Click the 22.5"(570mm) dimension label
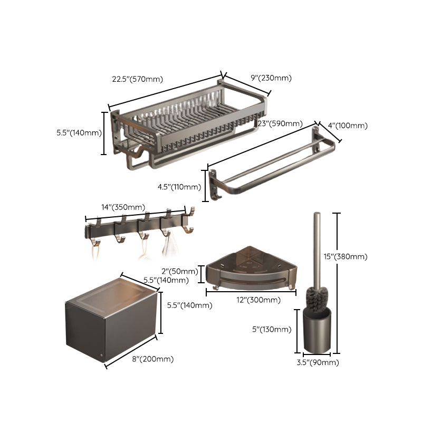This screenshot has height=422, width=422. pyautogui.click(x=137, y=80)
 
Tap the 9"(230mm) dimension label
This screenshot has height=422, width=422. pyautogui.click(x=271, y=78)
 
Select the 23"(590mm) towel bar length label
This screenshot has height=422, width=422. pyautogui.click(x=280, y=124)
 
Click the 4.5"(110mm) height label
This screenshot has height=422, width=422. pyautogui.click(x=180, y=187)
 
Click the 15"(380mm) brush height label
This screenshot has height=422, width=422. pyautogui.click(x=360, y=257)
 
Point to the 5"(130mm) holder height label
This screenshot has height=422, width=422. pyautogui.click(x=272, y=330)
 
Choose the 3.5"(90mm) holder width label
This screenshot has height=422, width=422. pyautogui.click(x=317, y=362)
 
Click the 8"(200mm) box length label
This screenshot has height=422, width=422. pyautogui.click(x=154, y=359)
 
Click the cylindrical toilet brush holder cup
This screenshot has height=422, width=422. pyautogui.click(x=317, y=332)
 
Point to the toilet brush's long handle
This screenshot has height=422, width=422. pyautogui.click(x=318, y=248)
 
